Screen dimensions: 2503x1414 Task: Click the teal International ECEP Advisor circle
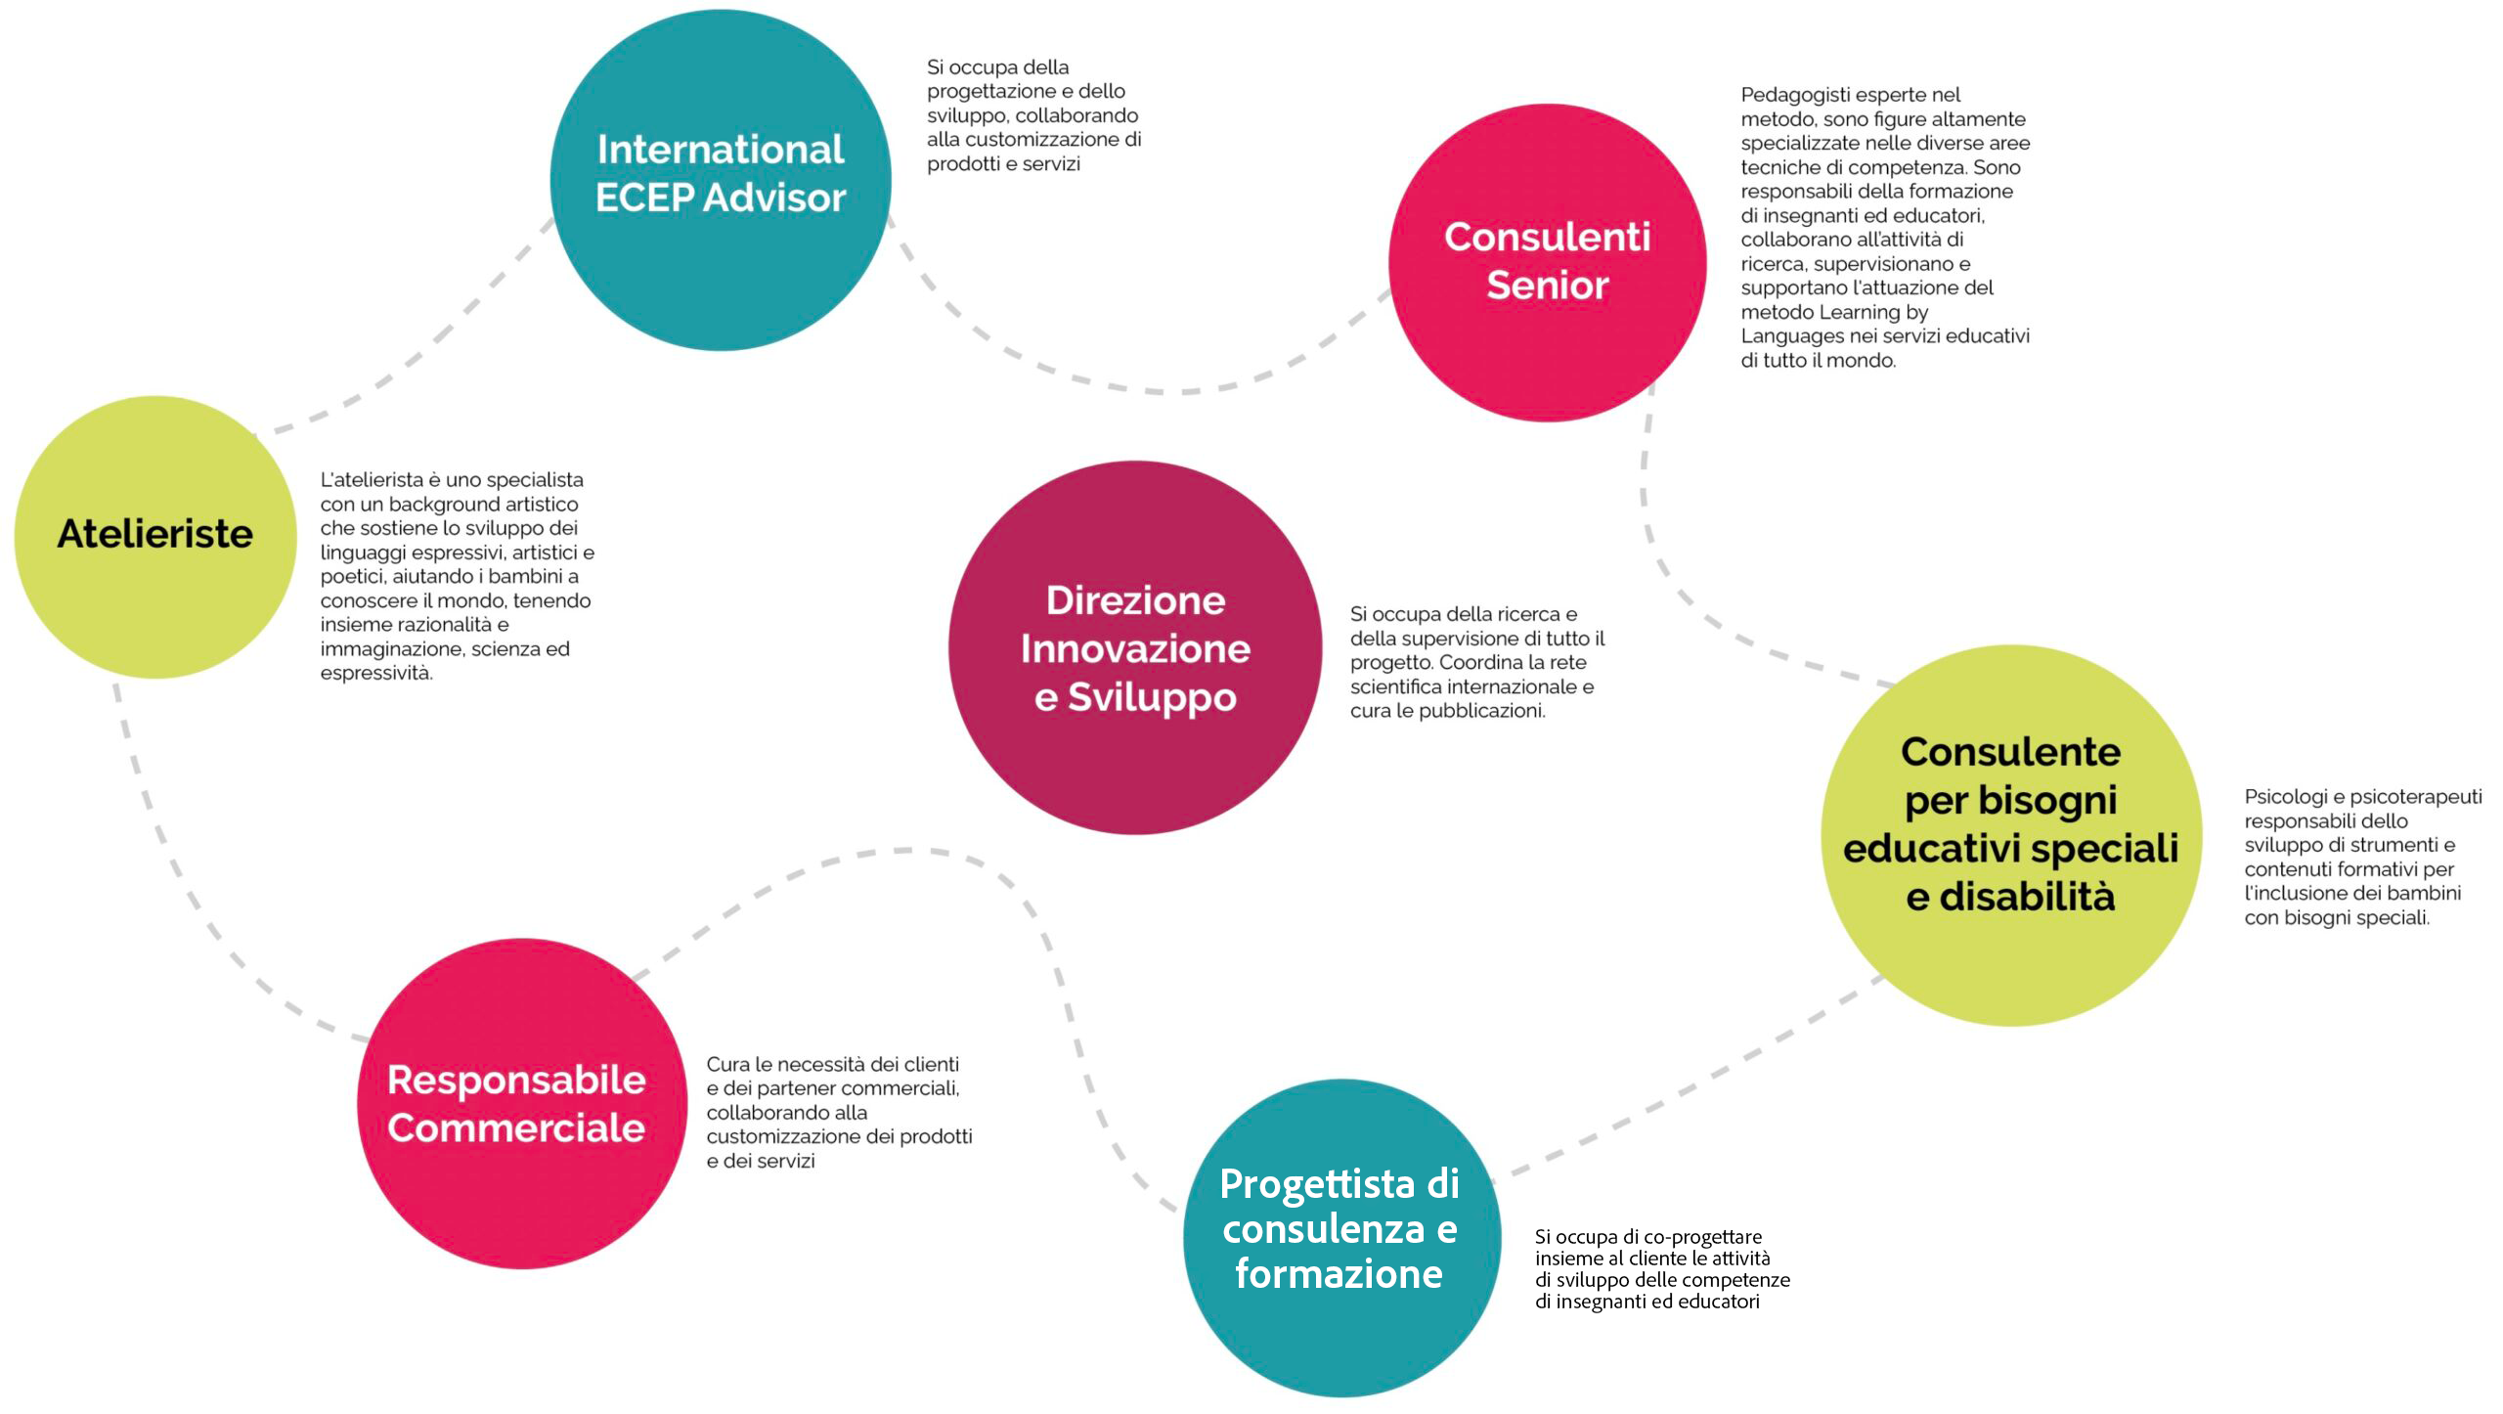721,180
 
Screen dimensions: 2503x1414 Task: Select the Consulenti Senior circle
1548,262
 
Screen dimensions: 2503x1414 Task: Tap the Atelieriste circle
155,537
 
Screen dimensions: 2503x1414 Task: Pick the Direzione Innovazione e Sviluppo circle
1135,647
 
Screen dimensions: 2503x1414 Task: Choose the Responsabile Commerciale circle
522,1103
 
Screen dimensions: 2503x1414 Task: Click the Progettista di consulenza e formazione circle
1341,1237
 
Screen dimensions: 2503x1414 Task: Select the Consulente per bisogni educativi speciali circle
2011,835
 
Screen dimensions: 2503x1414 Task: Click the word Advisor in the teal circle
774,198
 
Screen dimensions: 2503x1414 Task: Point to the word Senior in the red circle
1548,285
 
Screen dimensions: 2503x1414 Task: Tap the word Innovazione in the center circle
1135,648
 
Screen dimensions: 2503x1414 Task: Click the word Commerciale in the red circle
516,1127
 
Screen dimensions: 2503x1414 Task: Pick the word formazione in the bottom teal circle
1339,1273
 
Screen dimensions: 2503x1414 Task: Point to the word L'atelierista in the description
373,480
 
